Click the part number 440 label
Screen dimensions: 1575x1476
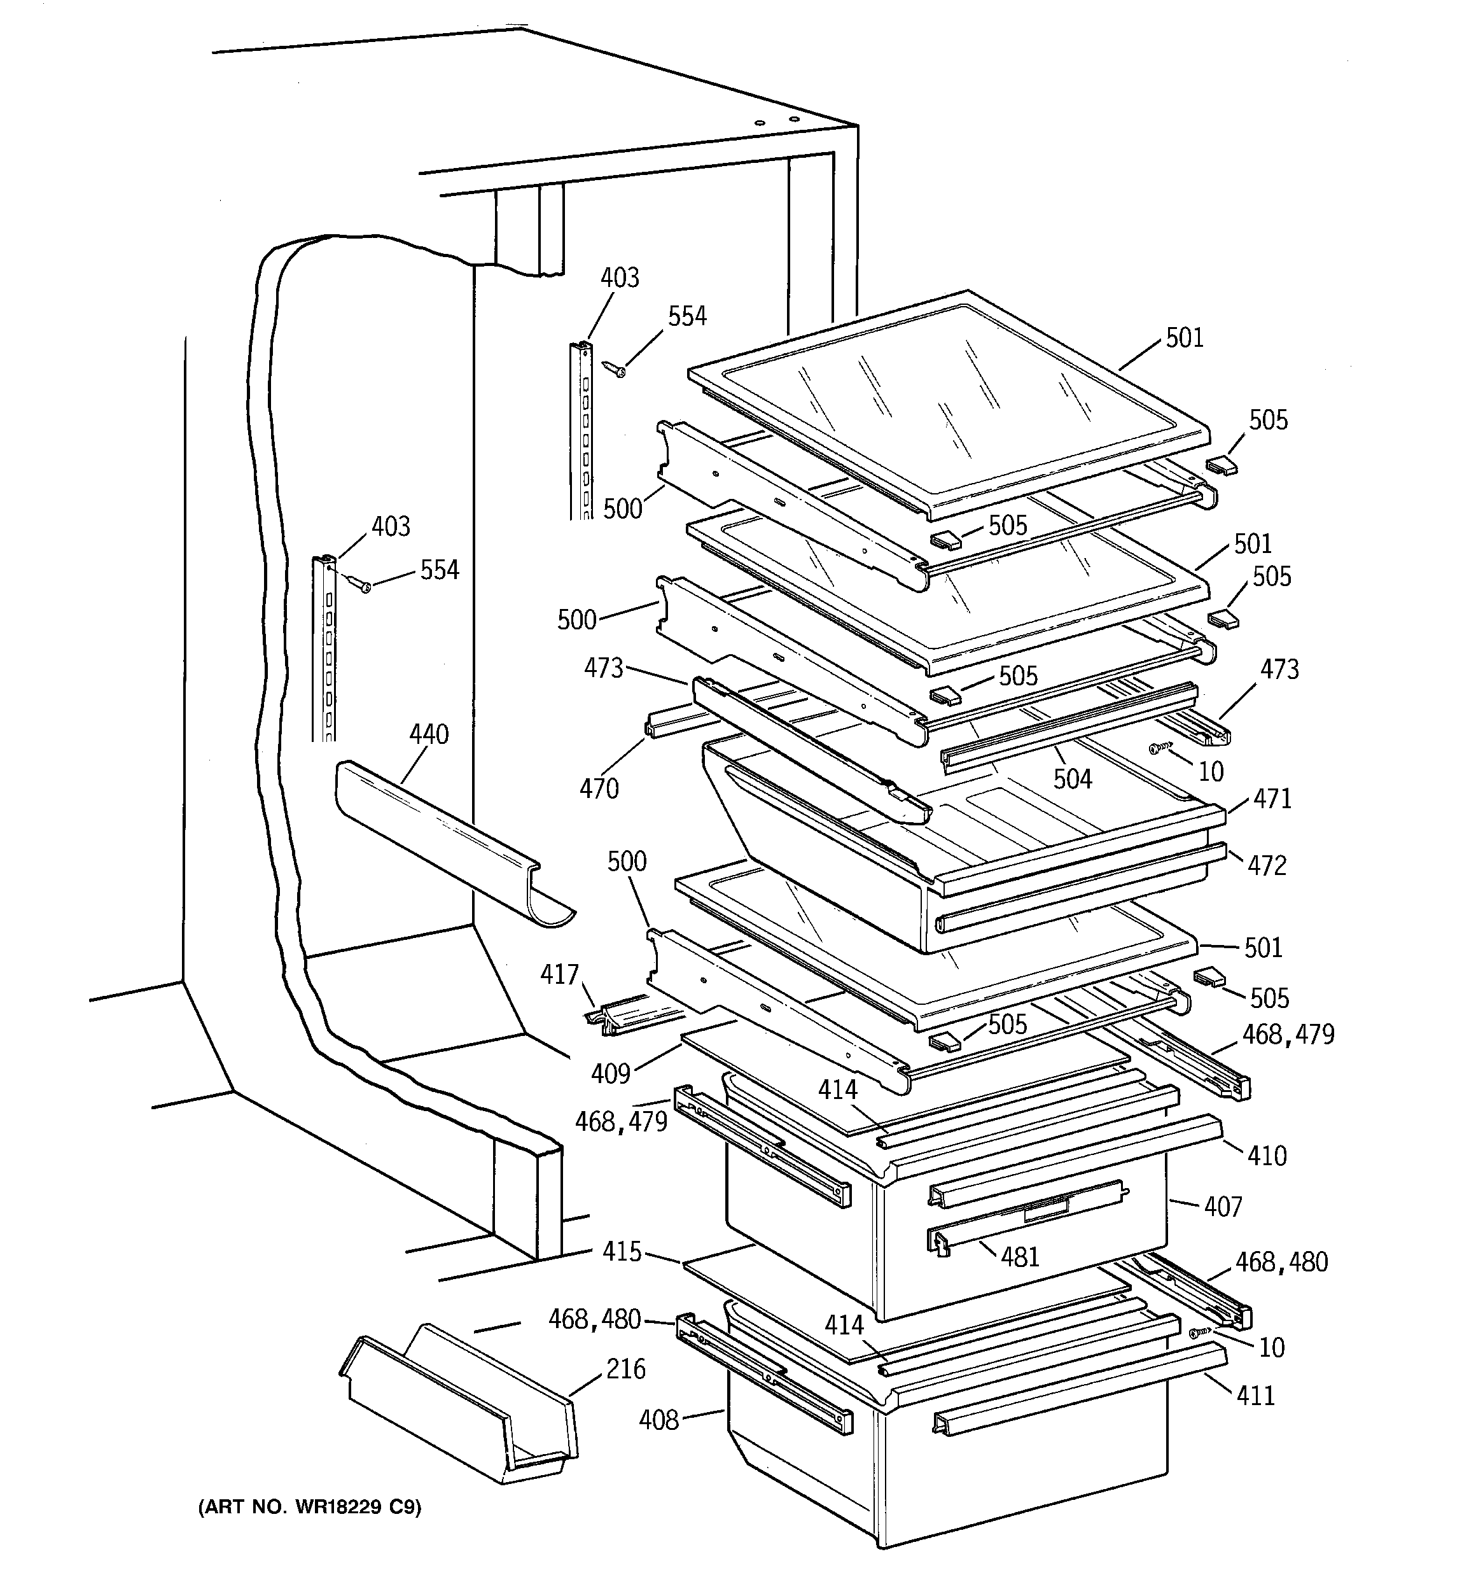pyautogui.click(x=429, y=734)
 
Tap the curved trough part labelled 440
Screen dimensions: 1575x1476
pyautogui.click(x=443, y=840)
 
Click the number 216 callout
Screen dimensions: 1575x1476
pyautogui.click(x=625, y=1369)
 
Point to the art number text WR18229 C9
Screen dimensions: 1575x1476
pyautogui.click(x=310, y=1507)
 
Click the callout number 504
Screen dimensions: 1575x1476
pyautogui.click(x=1072, y=780)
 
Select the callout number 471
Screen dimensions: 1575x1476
pyautogui.click(x=1272, y=799)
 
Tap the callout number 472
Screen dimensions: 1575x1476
pyautogui.click(x=1267, y=865)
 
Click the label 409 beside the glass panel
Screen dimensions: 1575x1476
pyautogui.click(x=610, y=1074)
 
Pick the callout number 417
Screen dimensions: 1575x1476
pyautogui.click(x=559, y=974)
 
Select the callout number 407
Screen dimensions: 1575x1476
pyautogui.click(x=1223, y=1207)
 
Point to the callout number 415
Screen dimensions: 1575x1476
pyautogui.click(x=622, y=1252)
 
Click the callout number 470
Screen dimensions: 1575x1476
pyautogui.click(x=599, y=788)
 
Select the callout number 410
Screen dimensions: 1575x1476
pyautogui.click(x=1267, y=1156)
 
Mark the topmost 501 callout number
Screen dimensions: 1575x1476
pyautogui.click(x=1185, y=339)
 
